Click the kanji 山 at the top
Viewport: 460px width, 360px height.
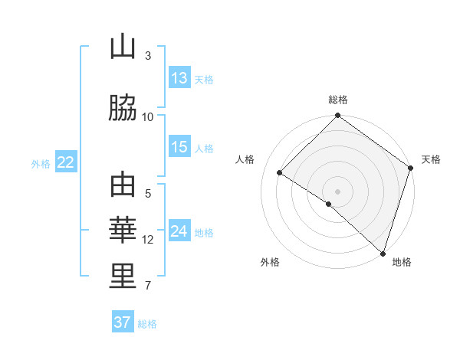tap(123, 47)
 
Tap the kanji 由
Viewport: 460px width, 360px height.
tap(123, 185)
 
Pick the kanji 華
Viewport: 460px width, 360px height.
tap(123, 230)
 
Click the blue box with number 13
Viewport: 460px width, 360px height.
tap(179, 79)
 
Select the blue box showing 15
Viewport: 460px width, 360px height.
tap(179, 148)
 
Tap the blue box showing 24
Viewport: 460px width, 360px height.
tap(179, 232)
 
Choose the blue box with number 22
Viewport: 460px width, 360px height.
tap(65, 162)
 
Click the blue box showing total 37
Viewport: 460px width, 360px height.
tap(123, 322)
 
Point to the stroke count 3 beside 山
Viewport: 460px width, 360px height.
tap(148, 56)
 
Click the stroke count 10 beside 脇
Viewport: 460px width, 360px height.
tap(148, 116)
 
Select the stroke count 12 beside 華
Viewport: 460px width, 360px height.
tap(148, 240)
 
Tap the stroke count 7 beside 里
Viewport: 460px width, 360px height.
tap(148, 286)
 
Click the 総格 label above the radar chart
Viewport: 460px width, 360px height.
tap(338, 100)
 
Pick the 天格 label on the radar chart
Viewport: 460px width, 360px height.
tap(431, 159)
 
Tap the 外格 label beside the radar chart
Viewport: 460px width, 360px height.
tap(270, 262)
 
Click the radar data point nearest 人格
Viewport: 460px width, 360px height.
tap(280, 173)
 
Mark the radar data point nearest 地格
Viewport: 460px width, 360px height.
tap(382, 253)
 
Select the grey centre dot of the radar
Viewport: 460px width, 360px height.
tap(337, 191)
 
